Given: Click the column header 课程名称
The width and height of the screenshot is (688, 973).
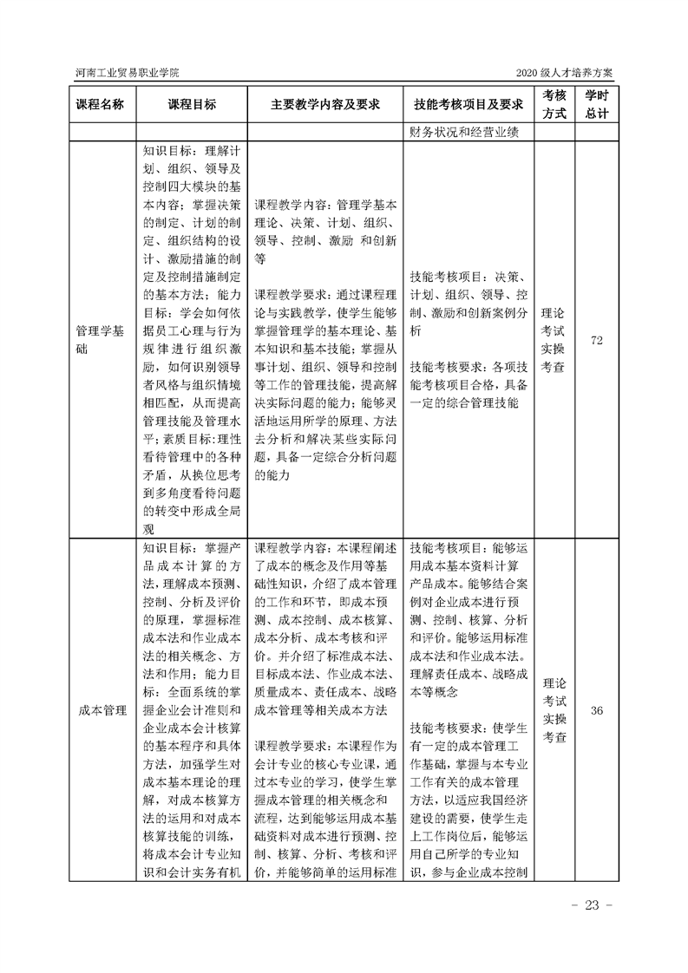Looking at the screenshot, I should click(x=101, y=104).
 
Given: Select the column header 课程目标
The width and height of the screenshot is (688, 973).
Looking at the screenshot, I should click(x=192, y=104).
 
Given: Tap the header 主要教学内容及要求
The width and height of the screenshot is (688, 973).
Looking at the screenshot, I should click(x=325, y=104).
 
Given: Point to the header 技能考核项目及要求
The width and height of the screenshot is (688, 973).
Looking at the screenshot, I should click(x=468, y=104).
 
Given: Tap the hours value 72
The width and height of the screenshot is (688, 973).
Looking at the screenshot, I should click(x=596, y=340).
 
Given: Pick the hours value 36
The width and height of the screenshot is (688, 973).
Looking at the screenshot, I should click(x=596, y=712).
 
